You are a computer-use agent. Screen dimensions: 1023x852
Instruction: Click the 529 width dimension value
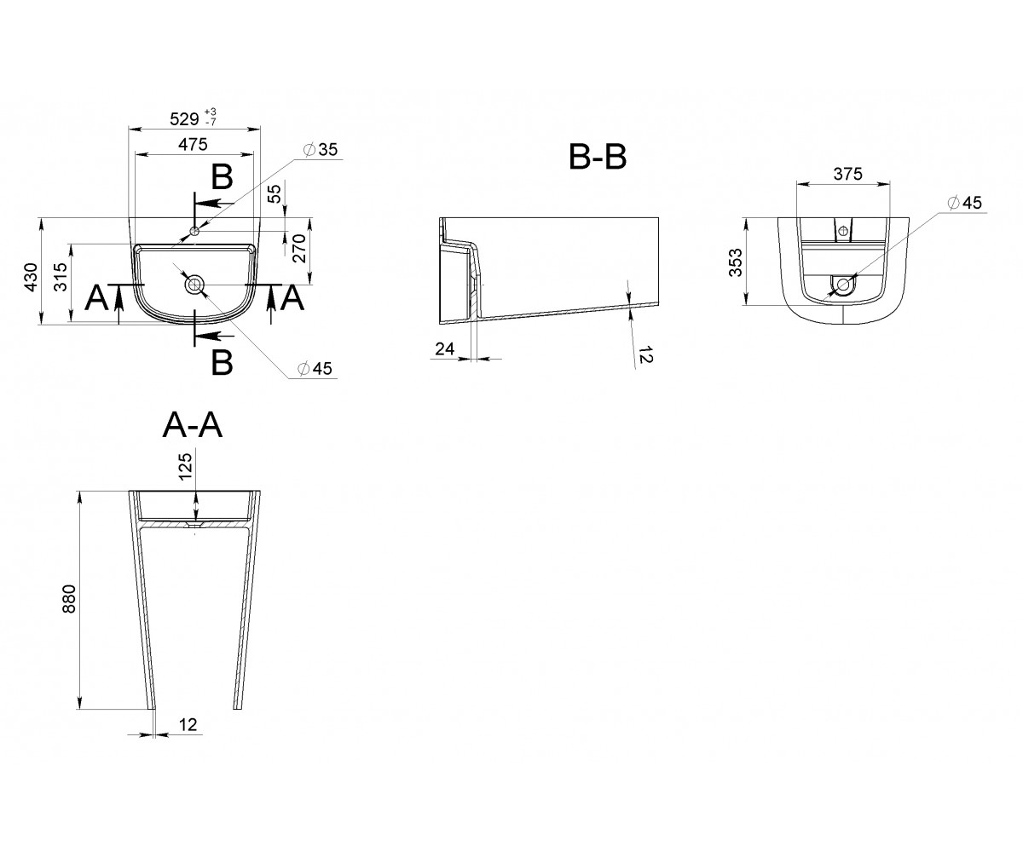[x=184, y=119]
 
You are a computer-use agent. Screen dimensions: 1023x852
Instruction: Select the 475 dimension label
[x=193, y=145]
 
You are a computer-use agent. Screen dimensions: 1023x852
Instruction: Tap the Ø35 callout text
[x=321, y=149]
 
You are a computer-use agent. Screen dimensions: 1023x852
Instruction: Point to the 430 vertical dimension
[x=31, y=278]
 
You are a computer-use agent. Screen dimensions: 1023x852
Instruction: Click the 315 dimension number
[x=61, y=277]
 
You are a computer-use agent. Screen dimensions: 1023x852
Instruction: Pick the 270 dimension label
[x=299, y=249]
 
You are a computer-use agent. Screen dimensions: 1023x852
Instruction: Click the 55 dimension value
[x=275, y=193]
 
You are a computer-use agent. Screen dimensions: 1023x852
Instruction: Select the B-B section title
[x=598, y=157]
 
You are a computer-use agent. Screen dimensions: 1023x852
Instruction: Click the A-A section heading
[x=193, y=425]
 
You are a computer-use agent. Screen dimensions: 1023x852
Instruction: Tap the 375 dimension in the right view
[x=847, y=174]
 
